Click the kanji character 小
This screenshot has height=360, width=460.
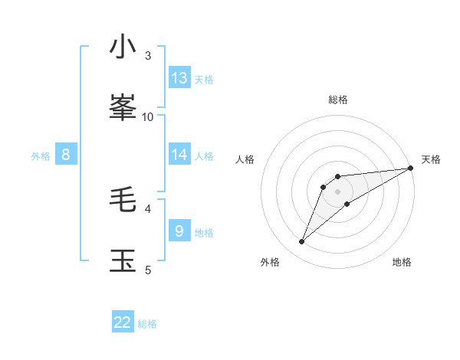[123, 47]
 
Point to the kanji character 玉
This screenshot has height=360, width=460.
[123, 260]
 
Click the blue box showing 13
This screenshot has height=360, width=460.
[179, 78]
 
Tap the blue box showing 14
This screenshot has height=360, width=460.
[179, 155]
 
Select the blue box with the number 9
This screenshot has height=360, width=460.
[179, 231]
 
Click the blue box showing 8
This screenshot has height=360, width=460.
[66, 155]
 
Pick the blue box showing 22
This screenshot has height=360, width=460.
[123, 322]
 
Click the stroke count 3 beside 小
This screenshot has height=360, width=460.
[148, 56]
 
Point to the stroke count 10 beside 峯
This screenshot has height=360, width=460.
[148, 116]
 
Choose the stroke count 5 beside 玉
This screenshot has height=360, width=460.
[148, 270]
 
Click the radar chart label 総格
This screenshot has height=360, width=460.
[338, 100]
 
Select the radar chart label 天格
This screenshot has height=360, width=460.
[431, 159]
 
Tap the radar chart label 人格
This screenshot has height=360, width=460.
[245, 159]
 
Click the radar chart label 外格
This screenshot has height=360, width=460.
[270, 262]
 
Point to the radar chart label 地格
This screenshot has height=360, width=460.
[402, 262]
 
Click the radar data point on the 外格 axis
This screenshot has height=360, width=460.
[301, 242]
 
